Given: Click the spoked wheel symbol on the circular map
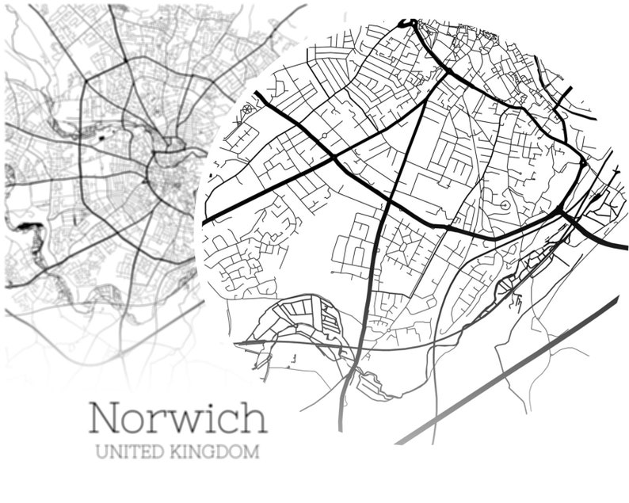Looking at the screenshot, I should coord(247,110).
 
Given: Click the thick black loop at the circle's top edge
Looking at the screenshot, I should coord(410,24).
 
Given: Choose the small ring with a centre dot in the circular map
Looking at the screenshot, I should coord(505,206).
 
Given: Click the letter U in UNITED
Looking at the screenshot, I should coord(101,454).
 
